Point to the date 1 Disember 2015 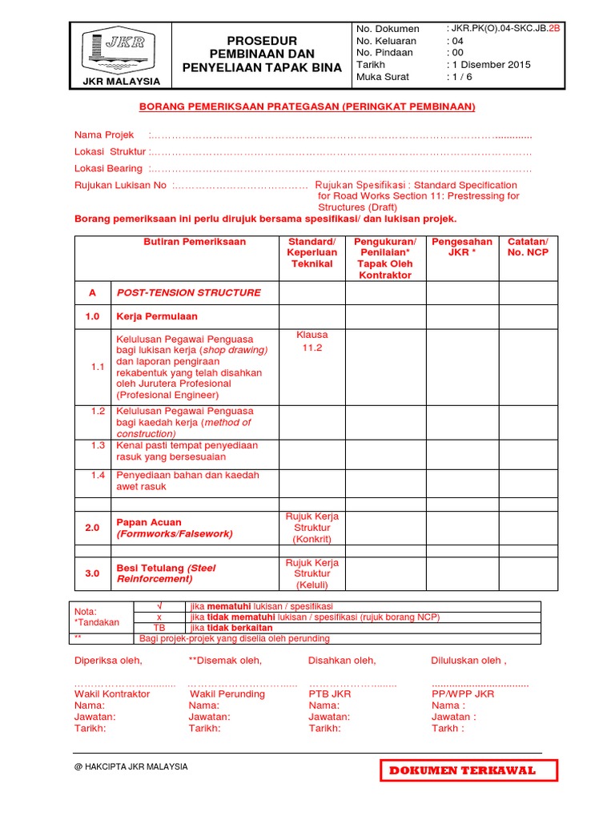[488, 65]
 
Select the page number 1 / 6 [460, 77]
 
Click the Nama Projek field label [104, 135]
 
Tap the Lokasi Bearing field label [108, 168]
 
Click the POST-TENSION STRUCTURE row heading [189, 293]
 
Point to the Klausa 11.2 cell [312, 342]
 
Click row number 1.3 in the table [98, 445]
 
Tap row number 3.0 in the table [92, 573]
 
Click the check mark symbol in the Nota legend [159, 605]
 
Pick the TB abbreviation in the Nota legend [159, 628]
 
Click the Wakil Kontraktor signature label [112, 693]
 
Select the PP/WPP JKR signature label [462, 693]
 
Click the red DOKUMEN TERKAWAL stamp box [469, 770]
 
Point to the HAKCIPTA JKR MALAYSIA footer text [131, 766]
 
